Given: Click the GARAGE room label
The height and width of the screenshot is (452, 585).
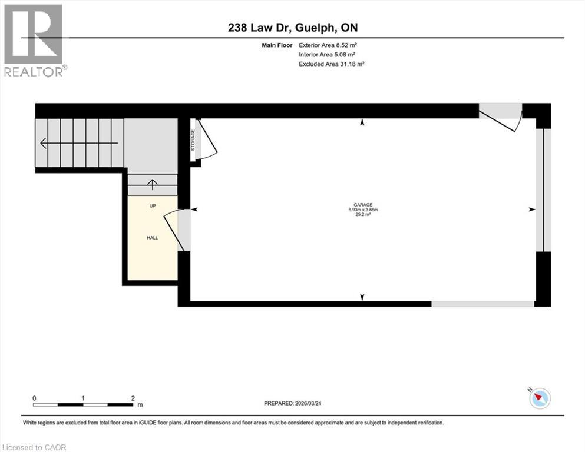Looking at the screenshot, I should pyautogui.click(x=362, y=205).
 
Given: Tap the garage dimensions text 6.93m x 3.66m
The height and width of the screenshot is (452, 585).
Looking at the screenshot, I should pyautogui.click(x=362, y=210).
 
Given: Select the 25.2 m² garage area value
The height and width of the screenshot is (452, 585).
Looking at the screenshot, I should pyautogui.click(x=362, y=215).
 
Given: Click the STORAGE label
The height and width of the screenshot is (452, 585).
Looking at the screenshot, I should pyautogui.click(x=193, y=140).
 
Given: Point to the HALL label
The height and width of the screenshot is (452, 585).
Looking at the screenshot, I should pyautogui.click(x=153, y=238).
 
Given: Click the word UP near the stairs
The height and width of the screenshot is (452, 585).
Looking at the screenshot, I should pyautogui.click(x=153, y=206).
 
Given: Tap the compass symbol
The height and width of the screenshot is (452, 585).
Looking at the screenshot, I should pyautogui.click(x=539, y=398).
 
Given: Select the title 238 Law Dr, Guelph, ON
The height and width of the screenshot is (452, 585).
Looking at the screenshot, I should pyautogui.click(x=292, y=28).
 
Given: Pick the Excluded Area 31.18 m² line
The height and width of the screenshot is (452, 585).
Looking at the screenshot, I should pyautogui.click(x=331, y=64).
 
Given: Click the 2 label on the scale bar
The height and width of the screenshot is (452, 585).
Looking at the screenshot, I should pyautogui.click(x=133, y=398).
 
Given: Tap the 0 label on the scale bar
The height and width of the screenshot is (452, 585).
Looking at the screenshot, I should pyautogui.click(x=34, y=398).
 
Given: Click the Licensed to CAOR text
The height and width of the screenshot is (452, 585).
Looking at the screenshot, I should pyautogui.click(x=34, y=447).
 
